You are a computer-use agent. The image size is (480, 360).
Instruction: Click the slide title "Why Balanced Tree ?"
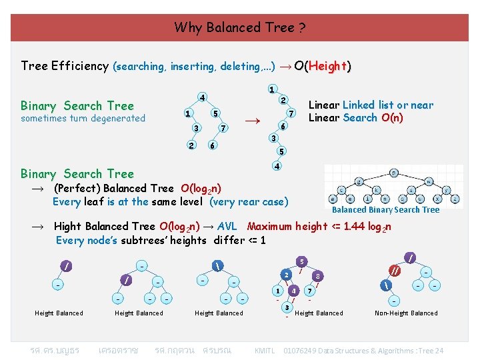240,27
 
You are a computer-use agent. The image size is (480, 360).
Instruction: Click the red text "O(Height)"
323,66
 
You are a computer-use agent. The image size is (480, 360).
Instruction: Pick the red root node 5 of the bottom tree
302,261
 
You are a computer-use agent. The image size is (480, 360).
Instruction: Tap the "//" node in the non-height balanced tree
396,270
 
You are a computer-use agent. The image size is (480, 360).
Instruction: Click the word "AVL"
229,226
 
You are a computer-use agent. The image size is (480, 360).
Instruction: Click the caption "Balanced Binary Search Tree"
386,209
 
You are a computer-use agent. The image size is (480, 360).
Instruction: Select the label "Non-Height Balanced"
406,313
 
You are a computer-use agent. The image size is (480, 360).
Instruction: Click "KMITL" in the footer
266,351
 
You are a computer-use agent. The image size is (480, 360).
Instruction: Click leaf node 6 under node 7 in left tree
212,146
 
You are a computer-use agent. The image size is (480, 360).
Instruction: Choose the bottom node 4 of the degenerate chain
275,165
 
